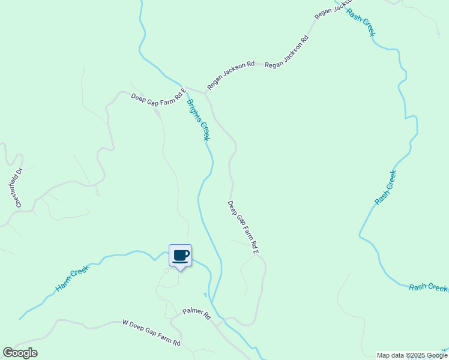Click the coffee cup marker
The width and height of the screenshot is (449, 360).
[180, 256]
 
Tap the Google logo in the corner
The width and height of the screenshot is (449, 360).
[20, 353]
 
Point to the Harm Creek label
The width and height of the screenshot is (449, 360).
[72, 280]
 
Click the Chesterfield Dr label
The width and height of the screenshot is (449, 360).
[19, 188]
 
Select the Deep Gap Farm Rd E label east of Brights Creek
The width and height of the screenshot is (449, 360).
[243, 227]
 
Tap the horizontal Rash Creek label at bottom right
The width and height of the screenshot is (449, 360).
[428, 287]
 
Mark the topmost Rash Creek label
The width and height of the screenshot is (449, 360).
[361, 22]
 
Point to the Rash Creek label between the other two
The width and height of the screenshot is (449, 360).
[385, 188]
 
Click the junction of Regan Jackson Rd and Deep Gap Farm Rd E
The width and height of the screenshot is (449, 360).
[205, 93]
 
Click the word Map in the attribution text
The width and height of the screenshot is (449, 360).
[383, 355]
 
